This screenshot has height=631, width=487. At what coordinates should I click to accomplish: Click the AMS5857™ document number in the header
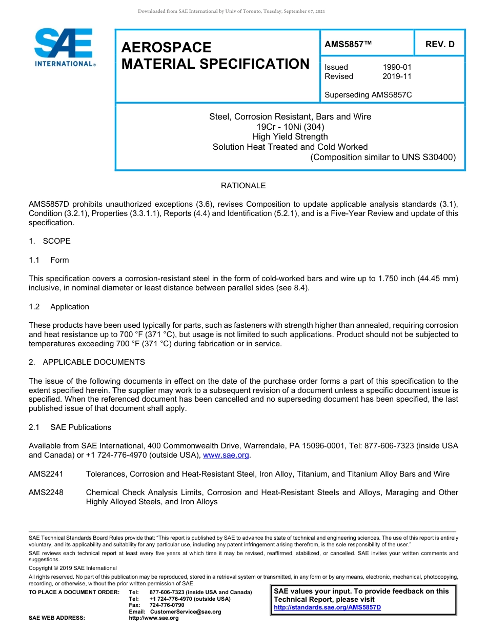348,44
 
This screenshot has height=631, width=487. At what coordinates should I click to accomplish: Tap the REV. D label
440,44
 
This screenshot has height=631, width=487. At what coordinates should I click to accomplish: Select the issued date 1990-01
397,67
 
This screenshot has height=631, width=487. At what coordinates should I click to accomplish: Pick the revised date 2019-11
397,76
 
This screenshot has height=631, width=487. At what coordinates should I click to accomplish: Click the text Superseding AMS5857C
368,95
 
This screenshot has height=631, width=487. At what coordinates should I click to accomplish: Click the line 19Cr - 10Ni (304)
290,127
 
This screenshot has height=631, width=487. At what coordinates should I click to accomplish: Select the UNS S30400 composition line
383,157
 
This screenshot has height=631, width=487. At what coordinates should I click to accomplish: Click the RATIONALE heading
243,186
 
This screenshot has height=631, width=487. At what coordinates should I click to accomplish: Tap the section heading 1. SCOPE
50,241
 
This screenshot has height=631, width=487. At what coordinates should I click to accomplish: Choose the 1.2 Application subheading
59,307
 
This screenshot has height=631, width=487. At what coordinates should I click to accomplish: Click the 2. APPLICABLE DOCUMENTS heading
87,362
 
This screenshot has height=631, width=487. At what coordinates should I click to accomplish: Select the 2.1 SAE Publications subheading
70,427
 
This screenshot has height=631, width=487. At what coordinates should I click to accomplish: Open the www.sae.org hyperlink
226,455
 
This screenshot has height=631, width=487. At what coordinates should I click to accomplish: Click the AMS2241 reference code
46,474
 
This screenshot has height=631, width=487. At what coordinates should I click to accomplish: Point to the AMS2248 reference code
46,492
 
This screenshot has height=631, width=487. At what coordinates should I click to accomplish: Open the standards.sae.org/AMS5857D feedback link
328,607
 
